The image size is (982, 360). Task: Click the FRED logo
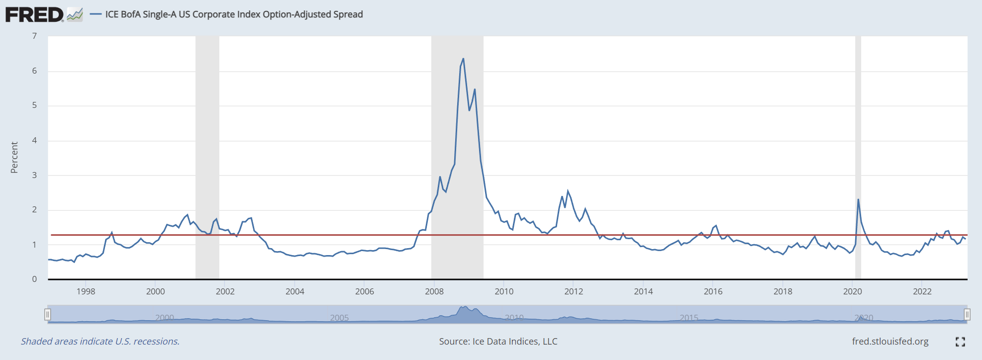34,14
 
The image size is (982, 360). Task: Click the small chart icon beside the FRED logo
75,14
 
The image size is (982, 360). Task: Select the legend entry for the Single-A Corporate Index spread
234,14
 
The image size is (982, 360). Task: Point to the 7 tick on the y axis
34,36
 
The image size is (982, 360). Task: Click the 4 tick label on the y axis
34,140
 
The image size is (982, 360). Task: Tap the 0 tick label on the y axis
34,279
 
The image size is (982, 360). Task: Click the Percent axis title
14,157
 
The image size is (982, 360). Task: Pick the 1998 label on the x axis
86,291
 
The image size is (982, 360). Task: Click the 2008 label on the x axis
434,291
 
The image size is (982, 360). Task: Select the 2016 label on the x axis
713,291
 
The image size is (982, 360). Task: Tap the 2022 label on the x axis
922,291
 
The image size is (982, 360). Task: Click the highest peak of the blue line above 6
463,59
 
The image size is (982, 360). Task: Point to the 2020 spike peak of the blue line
858,200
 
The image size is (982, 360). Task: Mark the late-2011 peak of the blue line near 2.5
568,191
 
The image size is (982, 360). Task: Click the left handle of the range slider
48,314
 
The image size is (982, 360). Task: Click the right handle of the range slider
967,314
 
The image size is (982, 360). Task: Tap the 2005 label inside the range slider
339,318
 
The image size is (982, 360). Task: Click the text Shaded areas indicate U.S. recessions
100,342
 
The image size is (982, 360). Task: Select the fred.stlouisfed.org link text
890,342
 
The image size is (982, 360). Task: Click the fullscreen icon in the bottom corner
960,342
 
